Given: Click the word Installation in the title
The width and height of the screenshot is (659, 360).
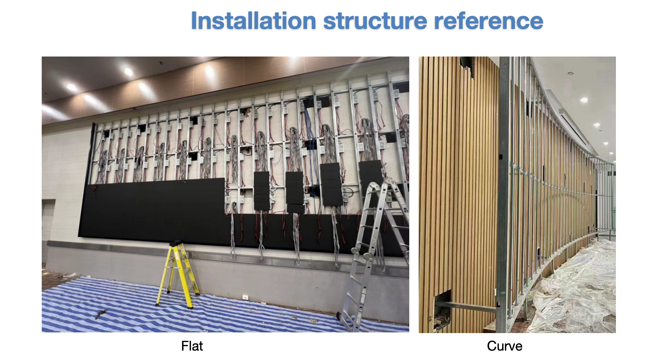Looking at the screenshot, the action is pos(253,21).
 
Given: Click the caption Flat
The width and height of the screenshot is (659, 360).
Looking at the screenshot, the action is pos(192,346).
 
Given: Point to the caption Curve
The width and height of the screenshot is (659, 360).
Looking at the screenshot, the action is pos(505,346).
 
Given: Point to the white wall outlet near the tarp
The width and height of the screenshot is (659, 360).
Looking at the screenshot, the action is pos(245,297).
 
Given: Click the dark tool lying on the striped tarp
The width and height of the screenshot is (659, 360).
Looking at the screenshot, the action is pos(101,314).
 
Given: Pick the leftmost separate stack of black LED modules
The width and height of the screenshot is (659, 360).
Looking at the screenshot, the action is pos(262,191).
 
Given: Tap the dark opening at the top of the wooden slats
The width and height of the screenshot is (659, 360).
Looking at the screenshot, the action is pos(466,66).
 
